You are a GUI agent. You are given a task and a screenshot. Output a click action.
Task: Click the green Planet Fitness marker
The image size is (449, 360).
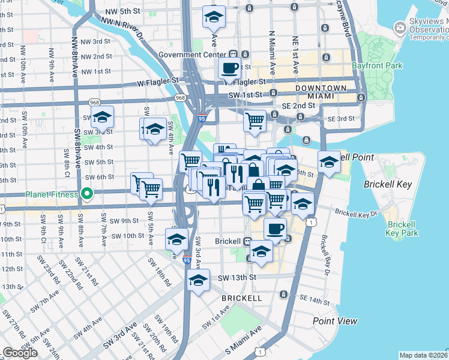coord(86,194)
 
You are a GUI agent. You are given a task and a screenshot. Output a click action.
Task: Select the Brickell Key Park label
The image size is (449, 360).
coord(402,229)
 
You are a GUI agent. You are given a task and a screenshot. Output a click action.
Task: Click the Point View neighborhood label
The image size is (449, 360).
coord(335,322)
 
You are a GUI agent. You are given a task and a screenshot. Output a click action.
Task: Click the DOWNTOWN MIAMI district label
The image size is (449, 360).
coord(321,92)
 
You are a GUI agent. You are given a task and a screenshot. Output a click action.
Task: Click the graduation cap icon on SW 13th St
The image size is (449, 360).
coord(198,280)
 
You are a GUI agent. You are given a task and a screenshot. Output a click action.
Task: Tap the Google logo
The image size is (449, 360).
coord(20,352)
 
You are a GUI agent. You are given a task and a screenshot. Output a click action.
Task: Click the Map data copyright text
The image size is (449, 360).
coord(423,355)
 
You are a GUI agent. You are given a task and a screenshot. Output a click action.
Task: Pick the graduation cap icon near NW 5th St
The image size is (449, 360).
coord(212,17)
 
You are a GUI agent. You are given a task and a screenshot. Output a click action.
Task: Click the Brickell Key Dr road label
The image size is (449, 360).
coord(356,213)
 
